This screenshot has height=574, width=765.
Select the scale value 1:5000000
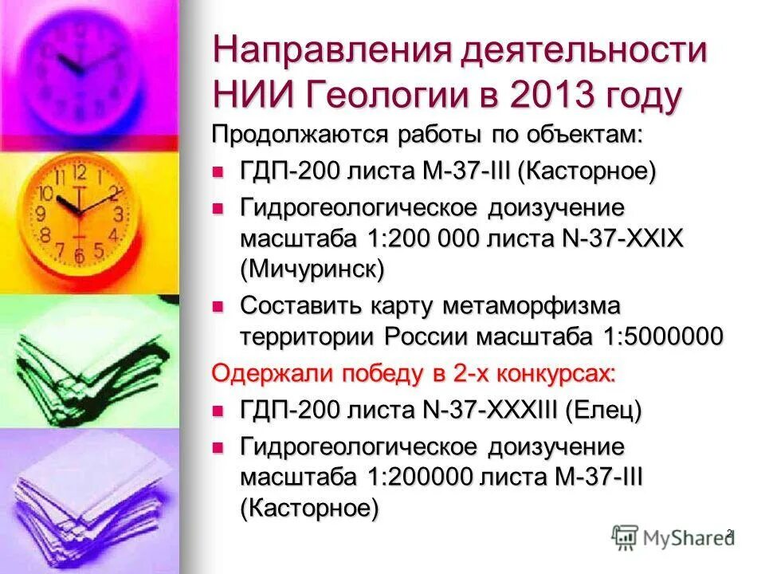pyautogui.click(x=657, y=336)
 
